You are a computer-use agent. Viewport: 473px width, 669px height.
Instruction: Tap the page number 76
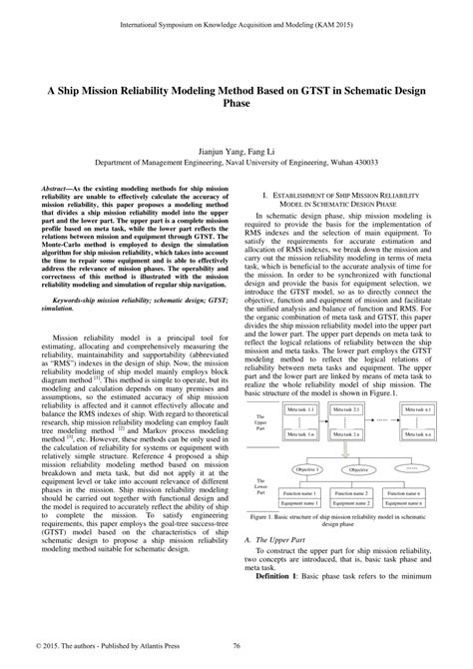click(236, 647)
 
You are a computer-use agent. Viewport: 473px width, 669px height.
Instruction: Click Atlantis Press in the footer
click(154, 647)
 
